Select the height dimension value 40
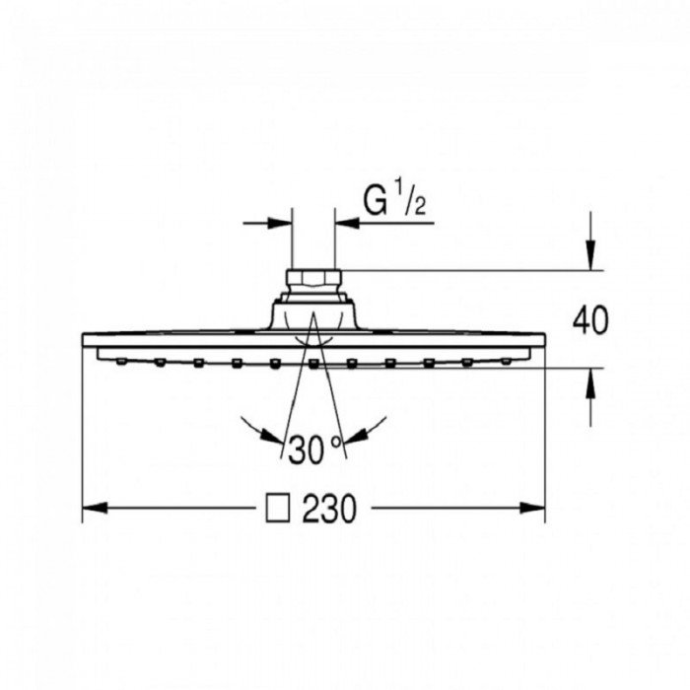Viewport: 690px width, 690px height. tap(590, 320)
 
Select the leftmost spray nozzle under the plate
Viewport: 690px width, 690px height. tap(120, 362)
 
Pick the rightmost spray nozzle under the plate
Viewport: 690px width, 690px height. tap(506, 362)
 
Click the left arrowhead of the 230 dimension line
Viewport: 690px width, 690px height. tap(91, 509)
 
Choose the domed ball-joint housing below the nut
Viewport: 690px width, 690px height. tap(312, 315)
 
